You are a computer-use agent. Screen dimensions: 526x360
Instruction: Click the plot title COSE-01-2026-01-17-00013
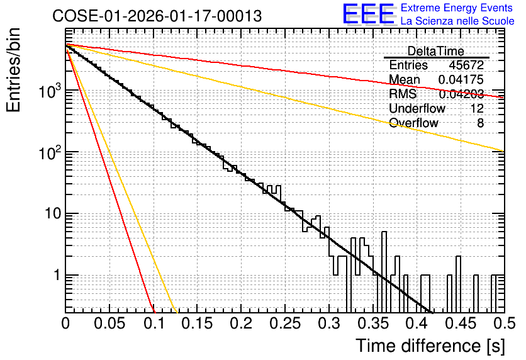tap(157, 16)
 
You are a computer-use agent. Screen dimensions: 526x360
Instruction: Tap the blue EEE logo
tap(368, 14)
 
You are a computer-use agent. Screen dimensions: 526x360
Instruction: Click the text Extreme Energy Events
tap(457, 8)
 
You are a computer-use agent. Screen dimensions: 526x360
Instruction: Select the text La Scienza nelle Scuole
tap(457, 21)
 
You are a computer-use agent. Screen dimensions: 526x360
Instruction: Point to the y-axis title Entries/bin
tap(13, 70)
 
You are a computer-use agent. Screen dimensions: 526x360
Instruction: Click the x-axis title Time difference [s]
tap(430, 346)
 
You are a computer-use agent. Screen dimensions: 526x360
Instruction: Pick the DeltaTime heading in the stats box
tap(436, 51)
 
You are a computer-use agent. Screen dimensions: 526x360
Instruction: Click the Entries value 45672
tap(466, 65)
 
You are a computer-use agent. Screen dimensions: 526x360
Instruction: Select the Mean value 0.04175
tap(461, 79)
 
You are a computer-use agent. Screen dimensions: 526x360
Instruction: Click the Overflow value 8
tap(480, 123)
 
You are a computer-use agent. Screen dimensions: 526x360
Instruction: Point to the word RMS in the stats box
tap(403, 94)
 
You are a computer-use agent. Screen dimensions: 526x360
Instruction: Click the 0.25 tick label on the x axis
tap(285, 323)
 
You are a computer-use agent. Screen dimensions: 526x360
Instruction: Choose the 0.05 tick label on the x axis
tap(109, 323)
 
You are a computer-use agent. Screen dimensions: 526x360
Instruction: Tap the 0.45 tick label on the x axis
tap(461, 323)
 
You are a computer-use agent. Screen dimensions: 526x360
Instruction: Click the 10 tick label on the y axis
tap(53, 213)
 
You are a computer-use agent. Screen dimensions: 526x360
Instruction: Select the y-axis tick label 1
tap(57, 276)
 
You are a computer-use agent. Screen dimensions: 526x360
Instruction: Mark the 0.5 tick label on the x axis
tap(504, 323)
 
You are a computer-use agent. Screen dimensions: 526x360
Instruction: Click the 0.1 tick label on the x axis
tap(154, 323)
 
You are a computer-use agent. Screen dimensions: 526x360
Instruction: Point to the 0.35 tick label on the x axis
tap(373, 323)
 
